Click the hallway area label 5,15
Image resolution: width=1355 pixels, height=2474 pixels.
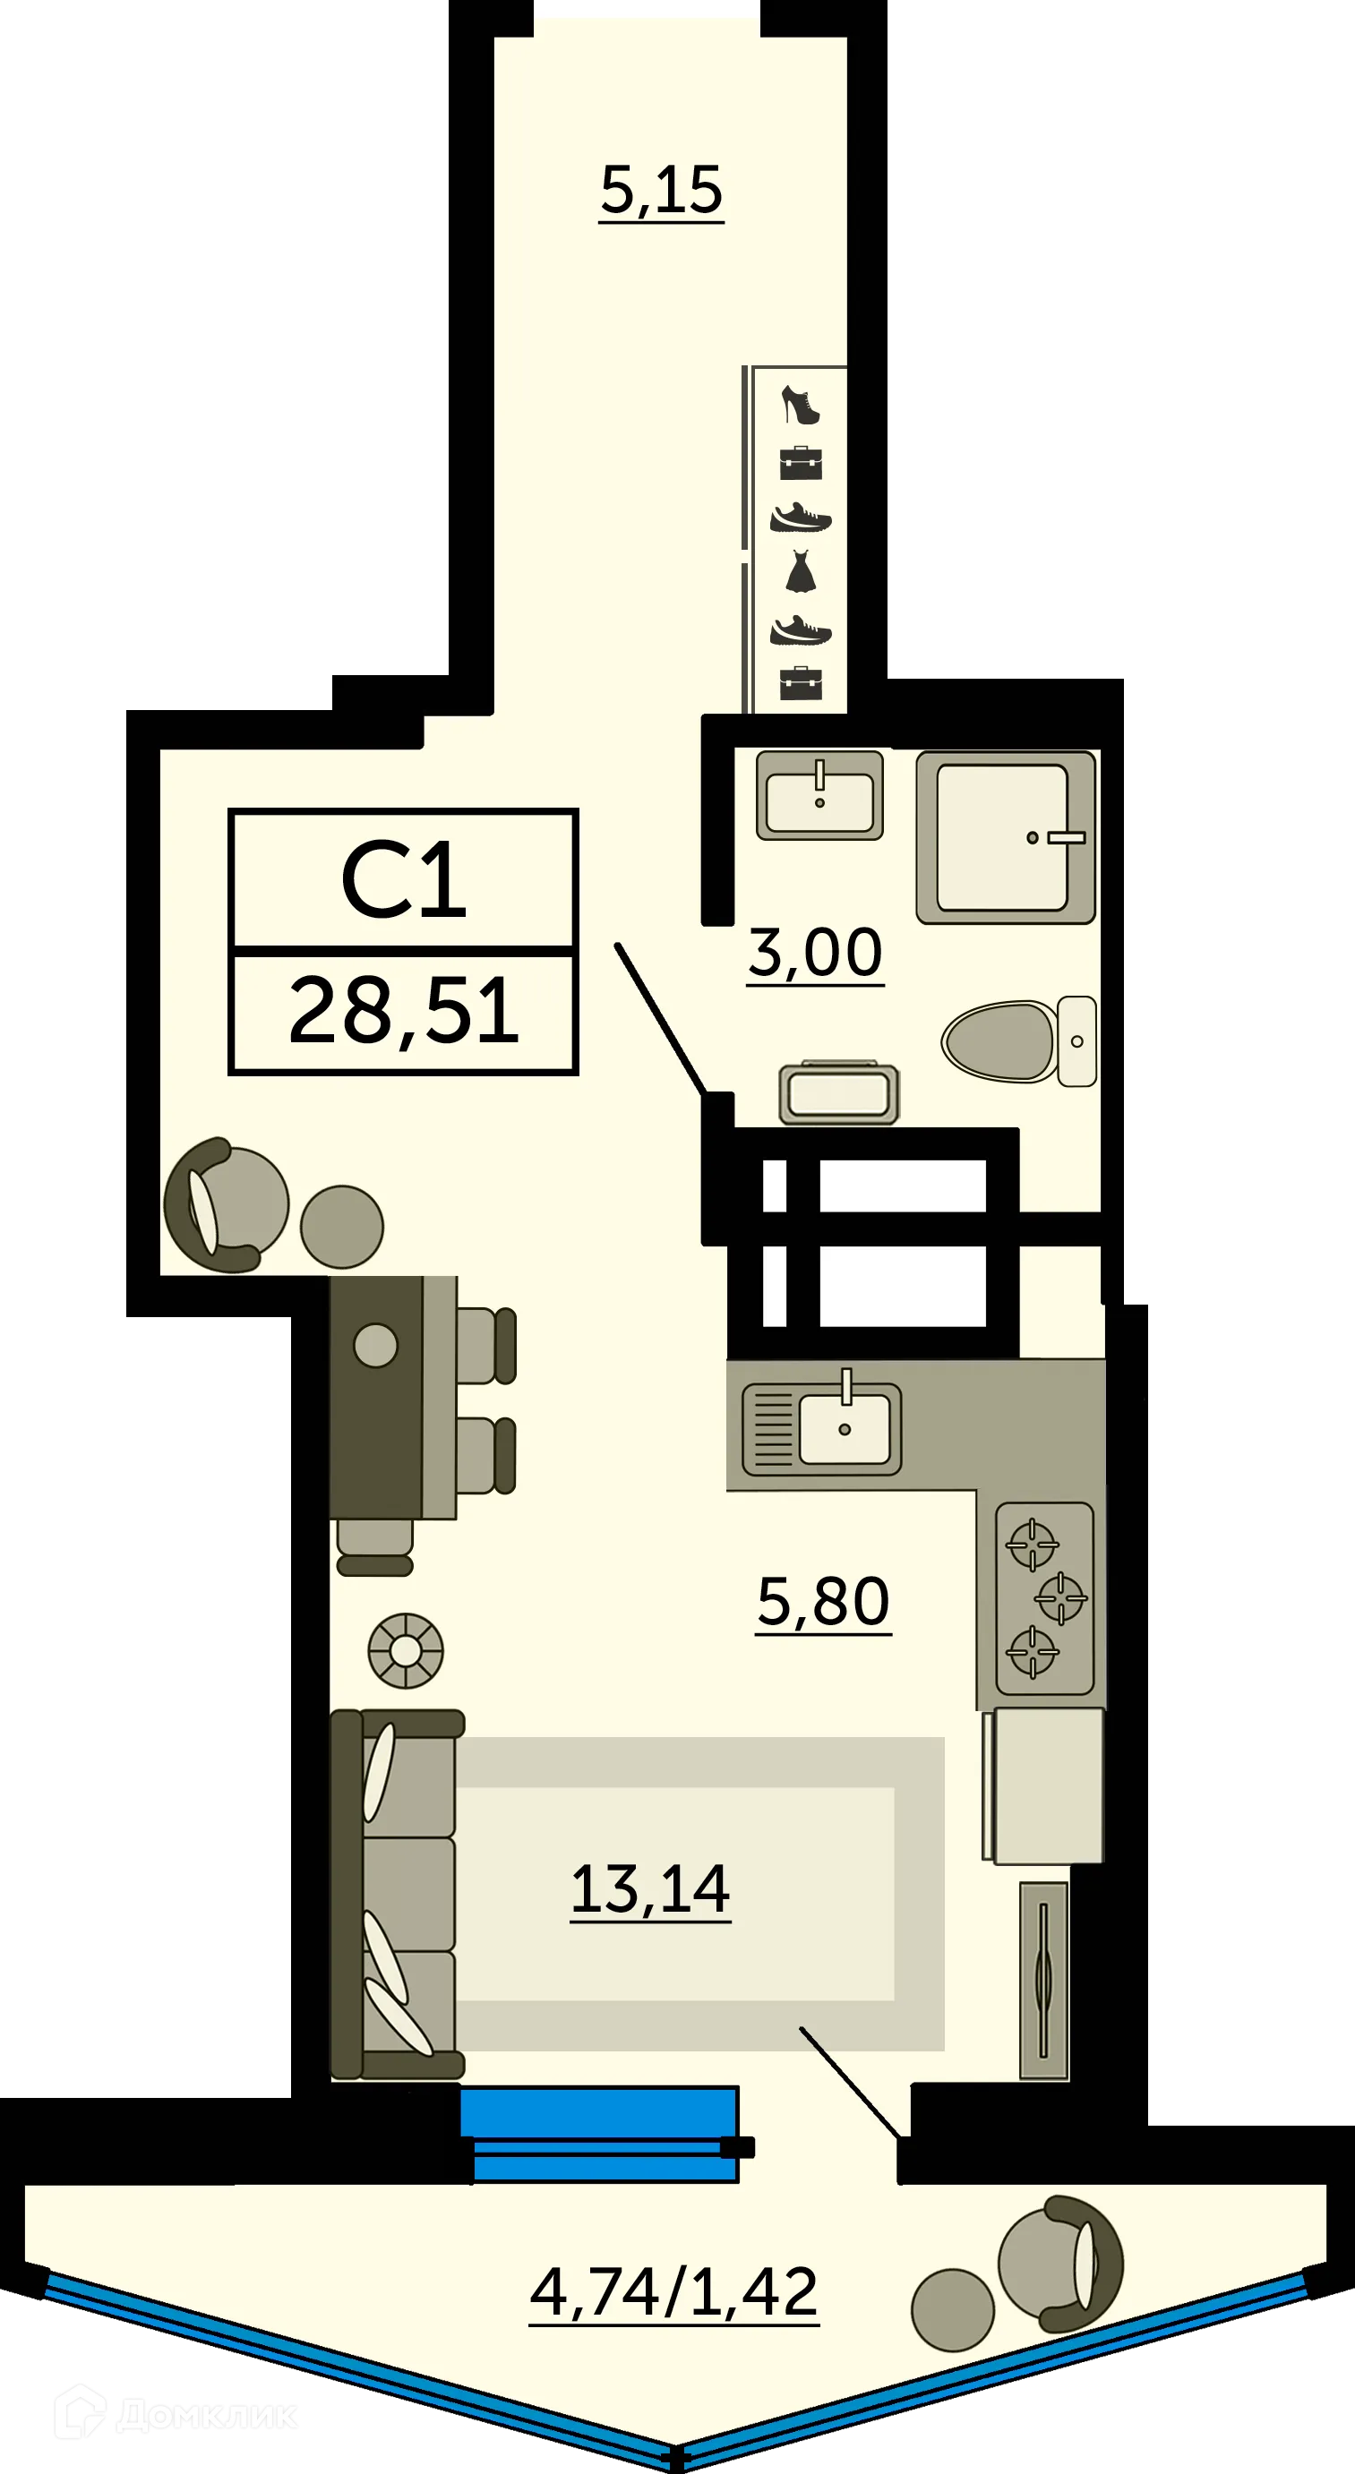(661, 189)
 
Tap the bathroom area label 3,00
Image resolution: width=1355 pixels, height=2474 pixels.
(814, 953)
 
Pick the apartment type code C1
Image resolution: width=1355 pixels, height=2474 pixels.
(403, 879)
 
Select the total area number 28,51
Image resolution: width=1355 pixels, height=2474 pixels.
(403, 1010)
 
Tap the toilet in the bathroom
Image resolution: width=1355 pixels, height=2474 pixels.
(1018, 1041)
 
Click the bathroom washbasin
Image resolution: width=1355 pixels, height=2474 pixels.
(819, 795)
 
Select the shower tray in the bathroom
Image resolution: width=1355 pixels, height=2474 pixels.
(1005, 836)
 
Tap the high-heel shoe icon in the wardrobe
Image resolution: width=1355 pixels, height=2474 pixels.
(800, 405)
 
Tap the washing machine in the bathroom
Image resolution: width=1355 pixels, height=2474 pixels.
(838, 1094)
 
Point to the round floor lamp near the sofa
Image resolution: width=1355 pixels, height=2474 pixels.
(406, 1651)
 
